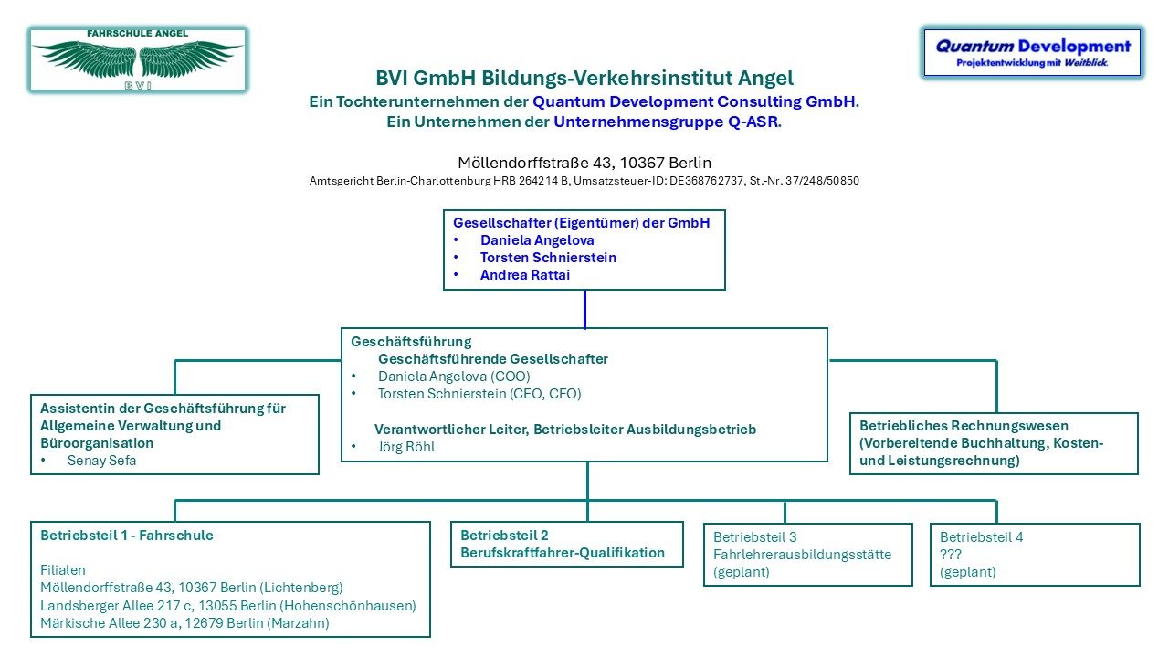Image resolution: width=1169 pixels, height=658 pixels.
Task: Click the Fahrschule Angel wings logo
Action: (138, 59)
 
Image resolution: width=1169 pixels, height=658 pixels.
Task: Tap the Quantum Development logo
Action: (1032, 53)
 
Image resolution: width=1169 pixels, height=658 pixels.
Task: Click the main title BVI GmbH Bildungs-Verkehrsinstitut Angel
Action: (584, 78)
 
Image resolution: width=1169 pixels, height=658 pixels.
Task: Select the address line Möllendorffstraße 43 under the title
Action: (584, 163)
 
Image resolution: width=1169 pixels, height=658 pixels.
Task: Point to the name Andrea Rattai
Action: (524, 275)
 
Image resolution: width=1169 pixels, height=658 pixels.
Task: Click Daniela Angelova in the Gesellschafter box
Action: (537, 240)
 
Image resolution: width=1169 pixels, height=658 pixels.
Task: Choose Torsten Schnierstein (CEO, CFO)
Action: (479, 394)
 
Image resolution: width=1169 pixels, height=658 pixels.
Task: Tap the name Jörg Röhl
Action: (406, 447)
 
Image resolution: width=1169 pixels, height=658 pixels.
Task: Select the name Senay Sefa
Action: (101, 461)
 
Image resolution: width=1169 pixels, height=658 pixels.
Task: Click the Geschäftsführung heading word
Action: (411, 342)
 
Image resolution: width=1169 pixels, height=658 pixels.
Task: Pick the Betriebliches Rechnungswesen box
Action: (994, 443)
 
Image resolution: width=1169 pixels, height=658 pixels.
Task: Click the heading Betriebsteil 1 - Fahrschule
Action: (127, 536)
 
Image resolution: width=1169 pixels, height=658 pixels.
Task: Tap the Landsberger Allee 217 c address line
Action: (228, 606)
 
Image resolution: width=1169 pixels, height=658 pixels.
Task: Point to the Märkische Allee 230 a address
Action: (184, 623)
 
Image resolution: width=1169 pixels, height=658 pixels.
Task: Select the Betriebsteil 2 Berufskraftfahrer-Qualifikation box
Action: (567, 544)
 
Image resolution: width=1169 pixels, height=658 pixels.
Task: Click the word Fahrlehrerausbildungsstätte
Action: (802, 555)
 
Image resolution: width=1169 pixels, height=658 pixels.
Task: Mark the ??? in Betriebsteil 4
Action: (951, 555)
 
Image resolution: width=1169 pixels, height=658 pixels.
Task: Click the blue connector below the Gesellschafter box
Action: (584, 309)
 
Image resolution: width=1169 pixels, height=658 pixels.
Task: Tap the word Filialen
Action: (63, 570)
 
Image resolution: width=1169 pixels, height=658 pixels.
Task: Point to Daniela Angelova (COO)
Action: (454, 377)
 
